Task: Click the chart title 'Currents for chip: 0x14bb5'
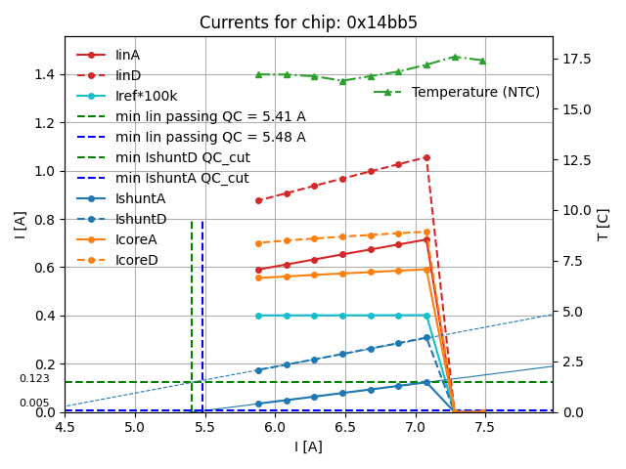[308, 22]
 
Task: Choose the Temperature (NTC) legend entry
[475, 92]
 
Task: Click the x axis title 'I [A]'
[308, 447]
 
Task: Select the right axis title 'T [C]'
[603, 224]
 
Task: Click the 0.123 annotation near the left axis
[34, 378]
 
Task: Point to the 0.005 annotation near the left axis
[34, 403]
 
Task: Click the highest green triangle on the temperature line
[455, 57]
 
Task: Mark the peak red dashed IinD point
[426, 156]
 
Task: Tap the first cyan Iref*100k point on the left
[258, 316]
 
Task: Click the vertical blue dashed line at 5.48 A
[202, 313]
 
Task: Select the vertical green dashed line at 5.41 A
[192, 313]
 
